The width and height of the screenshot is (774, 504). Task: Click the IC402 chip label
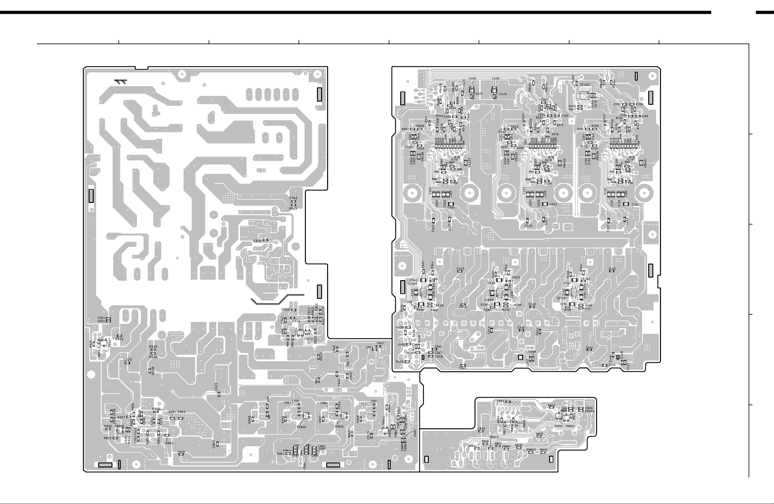point(585,85)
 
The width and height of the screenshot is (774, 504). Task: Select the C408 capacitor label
point(472,79)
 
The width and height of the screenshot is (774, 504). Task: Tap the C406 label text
point(495,79)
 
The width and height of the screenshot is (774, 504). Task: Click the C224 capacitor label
point(553,205)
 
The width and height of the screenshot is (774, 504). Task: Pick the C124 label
point(635,205)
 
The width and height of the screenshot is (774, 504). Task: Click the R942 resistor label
point(293,198)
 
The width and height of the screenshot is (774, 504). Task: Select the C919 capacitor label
point(257,241)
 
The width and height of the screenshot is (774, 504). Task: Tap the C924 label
point(119,339)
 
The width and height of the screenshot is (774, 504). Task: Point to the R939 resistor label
point(153,347)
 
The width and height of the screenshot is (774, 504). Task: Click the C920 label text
point(127,360)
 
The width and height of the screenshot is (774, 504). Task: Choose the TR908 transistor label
point(301,427)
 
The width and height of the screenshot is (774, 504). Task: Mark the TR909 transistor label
point(339,427)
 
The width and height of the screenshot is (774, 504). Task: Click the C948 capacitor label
point(181,452)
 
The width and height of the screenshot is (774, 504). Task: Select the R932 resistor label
point(286,310)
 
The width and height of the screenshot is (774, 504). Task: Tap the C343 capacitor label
point(460,269)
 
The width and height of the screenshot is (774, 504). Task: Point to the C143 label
point(612,269)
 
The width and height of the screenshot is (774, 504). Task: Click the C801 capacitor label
point(501,401)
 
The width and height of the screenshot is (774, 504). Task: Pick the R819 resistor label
point(543,450)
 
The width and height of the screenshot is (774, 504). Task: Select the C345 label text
point(462,368)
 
